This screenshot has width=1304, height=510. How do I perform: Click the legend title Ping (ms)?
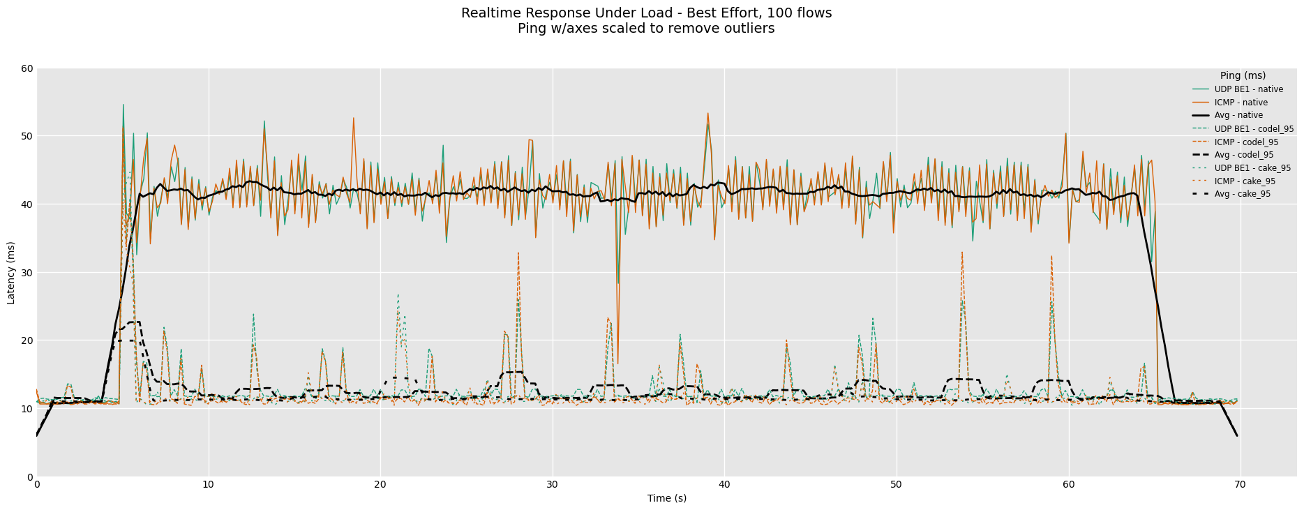(x=1243, y=76)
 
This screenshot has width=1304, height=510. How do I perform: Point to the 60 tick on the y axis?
(x=27, y=68)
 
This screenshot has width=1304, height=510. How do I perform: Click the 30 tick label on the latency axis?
(x=27, y=273)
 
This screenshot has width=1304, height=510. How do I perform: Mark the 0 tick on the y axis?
(x=29, y=477)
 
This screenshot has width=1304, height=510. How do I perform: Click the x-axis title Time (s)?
(x=666, y=498)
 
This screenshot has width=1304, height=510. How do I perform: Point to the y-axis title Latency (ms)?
(x=11, y=273)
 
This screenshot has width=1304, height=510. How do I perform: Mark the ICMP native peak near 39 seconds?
(x=707, y=113)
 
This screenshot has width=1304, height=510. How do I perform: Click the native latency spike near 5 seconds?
(x=123, y=105)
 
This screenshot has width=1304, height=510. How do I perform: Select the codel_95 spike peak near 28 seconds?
(x=518, y=253)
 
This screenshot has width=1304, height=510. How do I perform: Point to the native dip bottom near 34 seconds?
(x=617, y=363)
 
